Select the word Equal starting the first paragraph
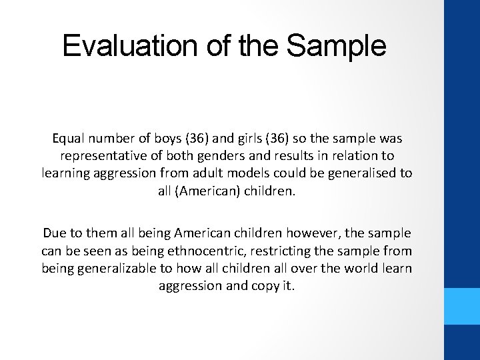pyautogui.click(x=70, y=139)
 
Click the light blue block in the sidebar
pyautogui.click(x=462, y=306)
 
